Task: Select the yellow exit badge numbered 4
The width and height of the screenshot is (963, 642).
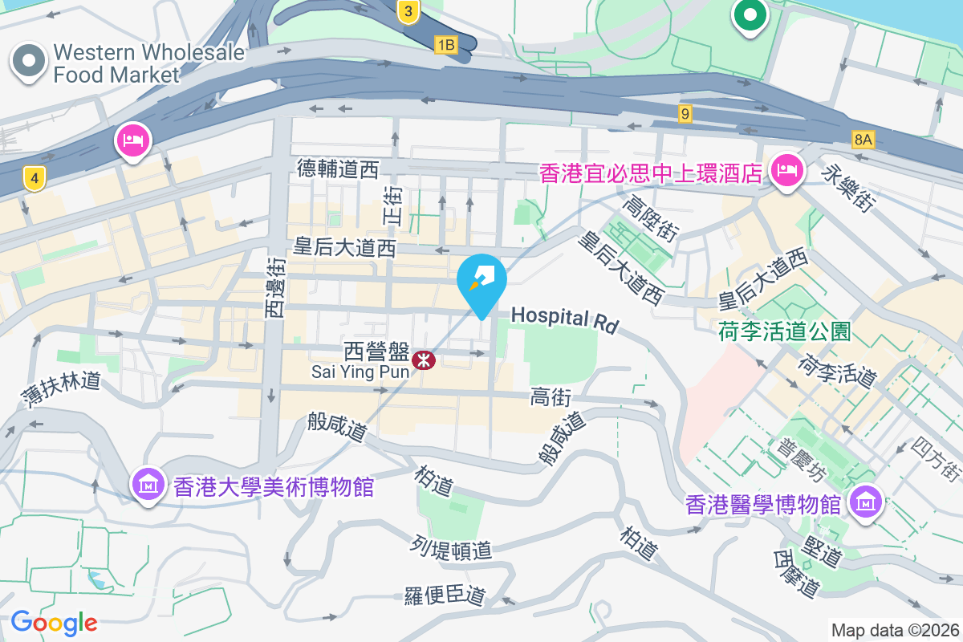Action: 33,178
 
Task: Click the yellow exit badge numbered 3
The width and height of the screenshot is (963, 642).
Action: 408,11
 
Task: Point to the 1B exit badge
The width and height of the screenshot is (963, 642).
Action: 445,45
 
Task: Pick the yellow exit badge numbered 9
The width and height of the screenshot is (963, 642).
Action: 685,114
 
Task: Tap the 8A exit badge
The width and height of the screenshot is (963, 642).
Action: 863,140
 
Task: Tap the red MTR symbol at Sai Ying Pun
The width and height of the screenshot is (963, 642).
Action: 423,361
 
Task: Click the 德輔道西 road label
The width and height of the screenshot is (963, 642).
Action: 337,169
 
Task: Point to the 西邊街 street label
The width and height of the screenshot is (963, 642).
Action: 275,286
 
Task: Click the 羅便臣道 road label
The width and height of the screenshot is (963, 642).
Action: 445,596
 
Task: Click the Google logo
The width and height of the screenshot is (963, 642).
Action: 54,623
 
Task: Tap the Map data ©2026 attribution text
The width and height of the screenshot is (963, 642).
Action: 895,631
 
